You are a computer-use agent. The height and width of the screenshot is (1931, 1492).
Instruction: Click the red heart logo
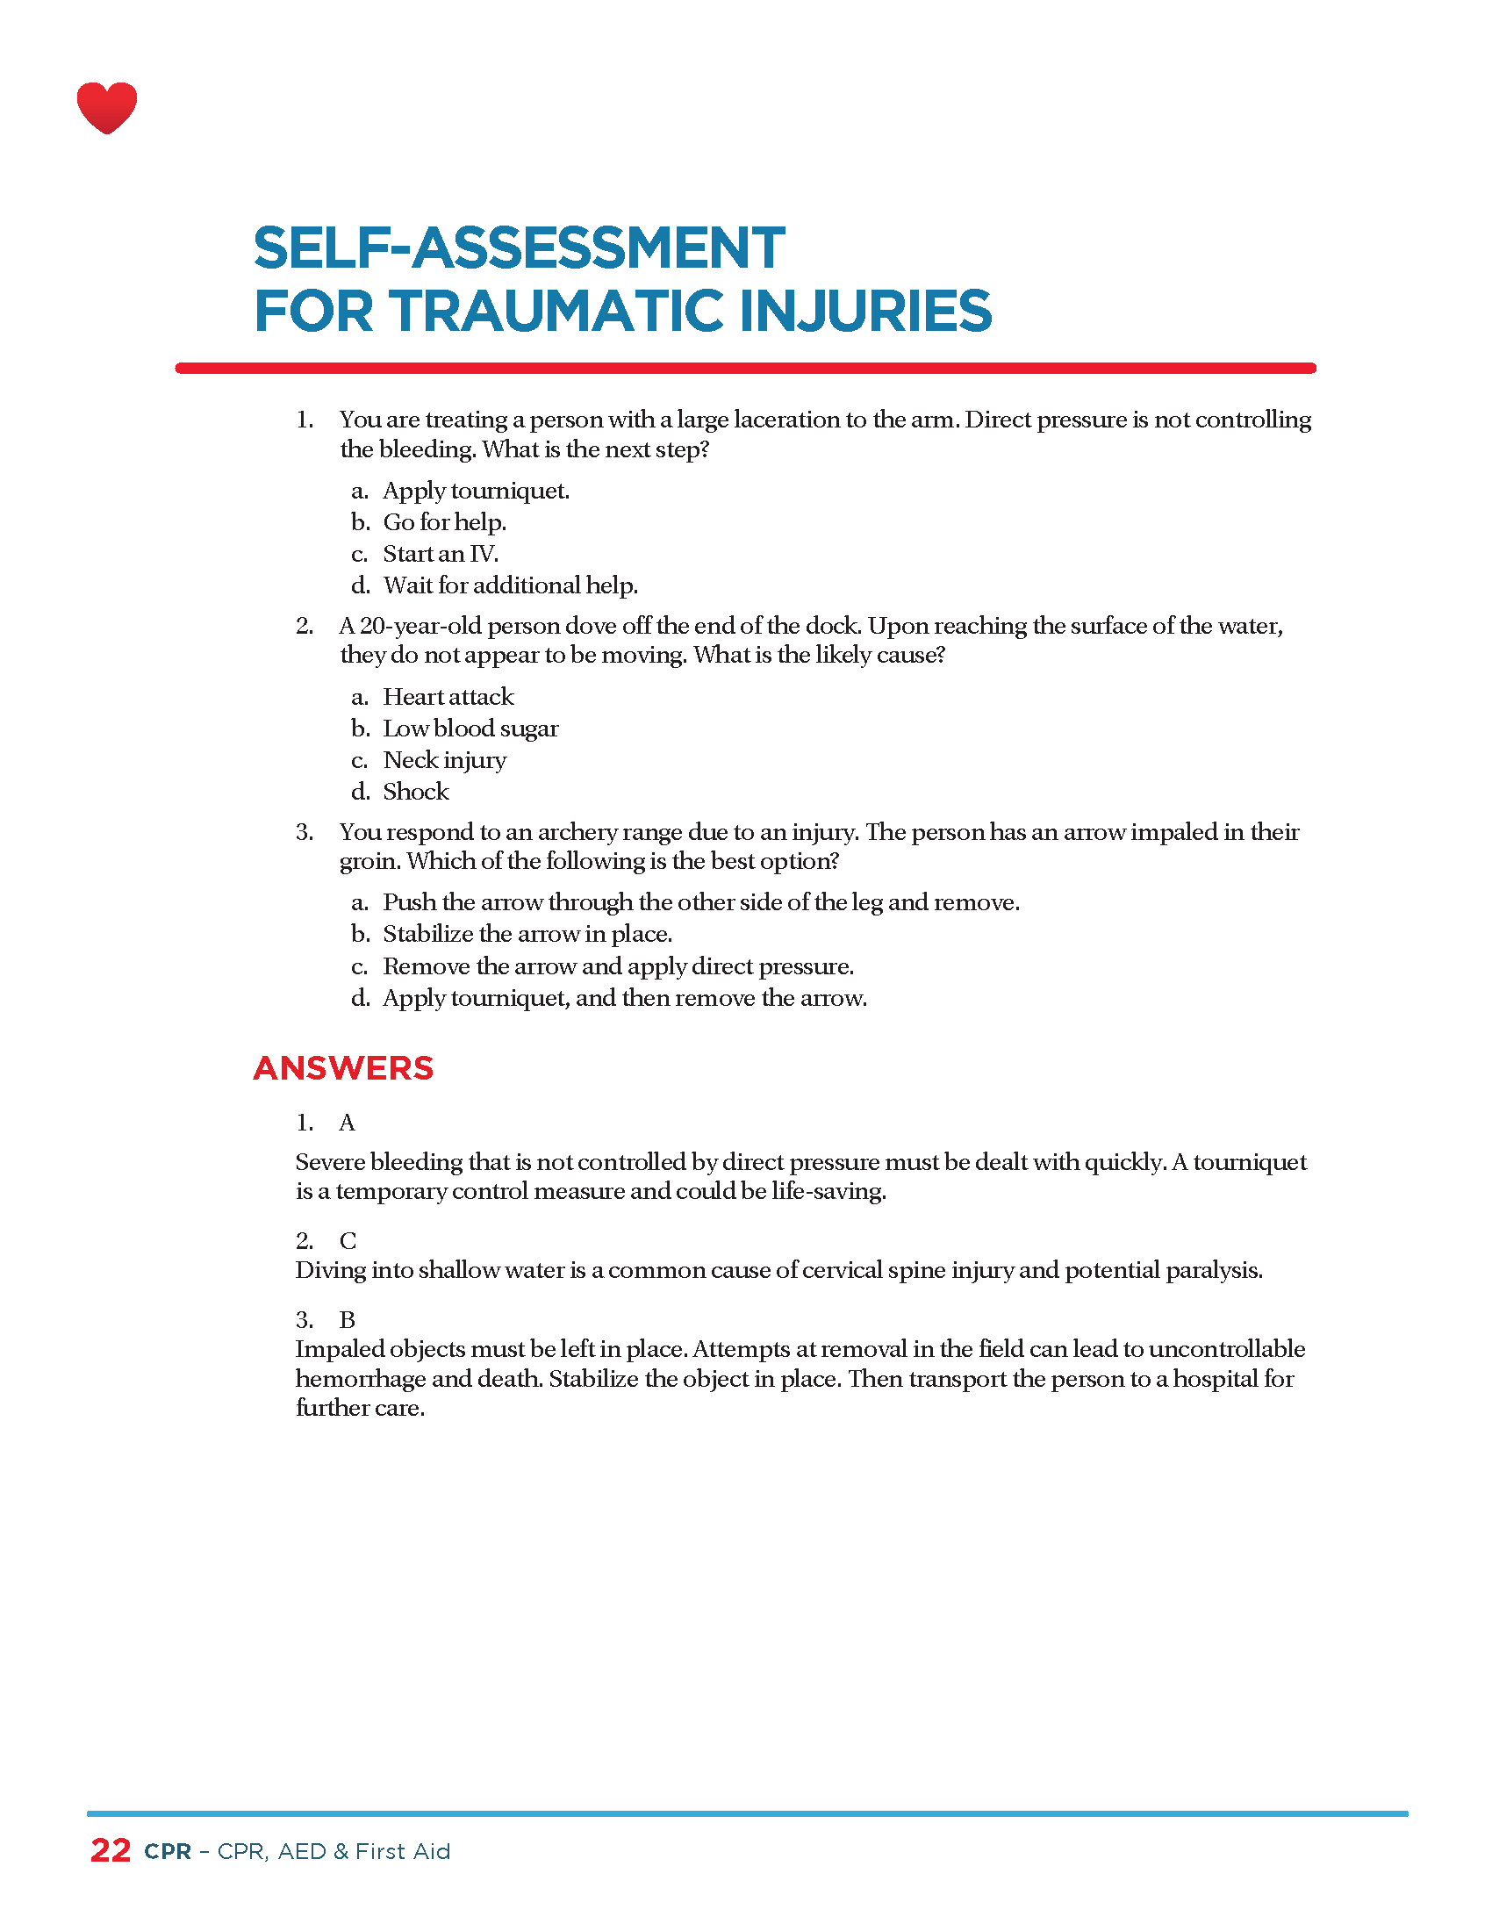click(107, 107)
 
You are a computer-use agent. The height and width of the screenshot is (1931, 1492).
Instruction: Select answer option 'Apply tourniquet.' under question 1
click(476, 491)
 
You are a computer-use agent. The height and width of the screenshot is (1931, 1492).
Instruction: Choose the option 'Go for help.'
click(444, 522)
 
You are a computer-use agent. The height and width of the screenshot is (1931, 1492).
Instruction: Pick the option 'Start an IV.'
click(441, 555)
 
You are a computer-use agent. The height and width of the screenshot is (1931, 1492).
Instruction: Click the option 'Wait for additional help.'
click(510, 585)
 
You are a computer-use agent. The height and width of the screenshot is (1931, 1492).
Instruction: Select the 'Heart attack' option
click(448, 697)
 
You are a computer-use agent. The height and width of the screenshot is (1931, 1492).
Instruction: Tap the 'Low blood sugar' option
click(470, 729)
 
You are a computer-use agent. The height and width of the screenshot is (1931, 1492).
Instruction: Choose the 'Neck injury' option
click(445, 760)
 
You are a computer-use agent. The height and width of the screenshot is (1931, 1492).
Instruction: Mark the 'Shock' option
click(415, 792)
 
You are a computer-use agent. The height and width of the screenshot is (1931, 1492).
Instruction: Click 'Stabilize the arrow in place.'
click(527, 934)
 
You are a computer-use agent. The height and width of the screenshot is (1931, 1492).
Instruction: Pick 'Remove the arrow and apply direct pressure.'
click(618, 966)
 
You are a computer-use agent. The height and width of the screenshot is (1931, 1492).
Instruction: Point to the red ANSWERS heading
click(343, 1068)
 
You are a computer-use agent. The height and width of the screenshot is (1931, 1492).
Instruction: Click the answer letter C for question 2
click(348, 1241)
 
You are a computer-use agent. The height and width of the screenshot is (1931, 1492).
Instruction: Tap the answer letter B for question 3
click(348, 1320)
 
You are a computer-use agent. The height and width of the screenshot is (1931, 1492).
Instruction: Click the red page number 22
click(111, 1850)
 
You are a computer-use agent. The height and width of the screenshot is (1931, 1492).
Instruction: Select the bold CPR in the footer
click(168, 1851)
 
